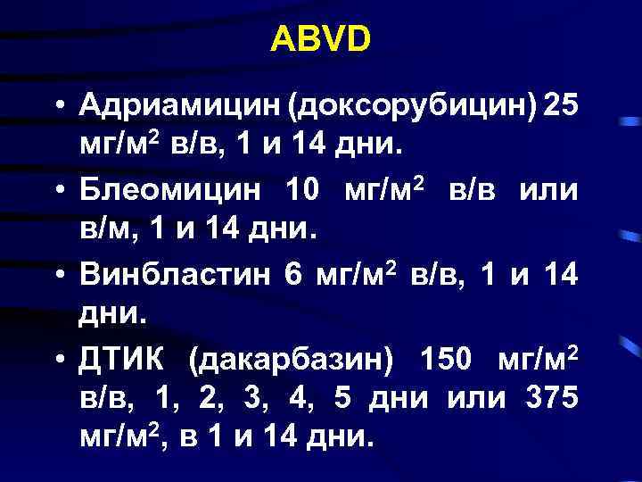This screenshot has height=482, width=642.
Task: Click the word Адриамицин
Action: pos(180,106)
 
